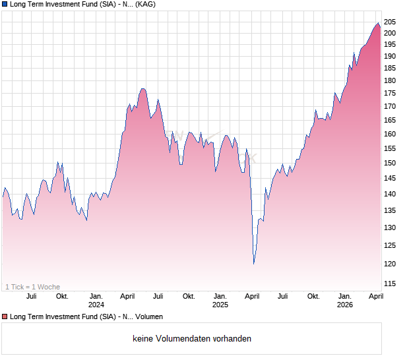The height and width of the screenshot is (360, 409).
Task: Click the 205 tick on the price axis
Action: [x=391, y=22]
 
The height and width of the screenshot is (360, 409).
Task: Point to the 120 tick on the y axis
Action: [x=391, y=264]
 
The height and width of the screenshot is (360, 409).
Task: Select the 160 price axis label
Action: [x=391, y=134]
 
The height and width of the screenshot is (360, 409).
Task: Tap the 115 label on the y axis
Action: [x=391, y=284]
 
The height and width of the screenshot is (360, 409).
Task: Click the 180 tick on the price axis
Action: [x=391, y=80]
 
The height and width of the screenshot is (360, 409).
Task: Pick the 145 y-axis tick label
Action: [x=391, y=178]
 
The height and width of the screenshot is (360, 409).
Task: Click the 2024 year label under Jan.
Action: [x=96, y=305]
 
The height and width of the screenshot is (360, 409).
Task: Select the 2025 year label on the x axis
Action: [x=220, y=305]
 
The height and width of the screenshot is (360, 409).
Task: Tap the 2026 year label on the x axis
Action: [x=344, y=305]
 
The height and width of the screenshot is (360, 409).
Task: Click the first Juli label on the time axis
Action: [x=31, y=296]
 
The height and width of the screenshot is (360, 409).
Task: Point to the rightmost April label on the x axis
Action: [x=375, y=296]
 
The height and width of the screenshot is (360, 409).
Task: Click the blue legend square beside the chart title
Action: [x=5, y=5]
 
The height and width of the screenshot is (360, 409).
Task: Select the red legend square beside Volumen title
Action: [x=5, y=317]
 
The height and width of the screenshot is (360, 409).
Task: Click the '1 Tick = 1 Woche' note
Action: [x=32, y=287]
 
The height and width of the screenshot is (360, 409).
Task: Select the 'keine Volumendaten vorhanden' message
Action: [x=192, y=339]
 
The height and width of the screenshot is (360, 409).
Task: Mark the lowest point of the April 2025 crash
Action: [x=254, y=264]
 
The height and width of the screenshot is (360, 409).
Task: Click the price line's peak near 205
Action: [x=378, y=23]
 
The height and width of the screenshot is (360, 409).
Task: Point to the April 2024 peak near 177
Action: [x=142, y=88]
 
